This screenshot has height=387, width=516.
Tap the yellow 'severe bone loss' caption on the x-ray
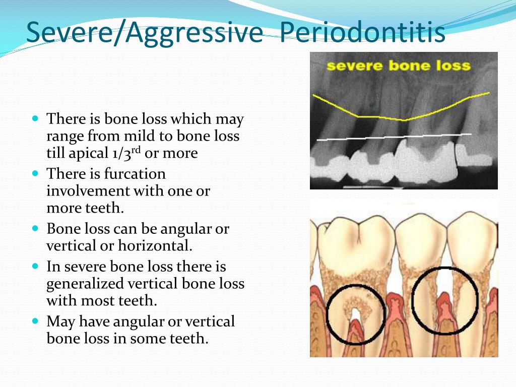[399, 66]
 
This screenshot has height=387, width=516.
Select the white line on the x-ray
[394, 137]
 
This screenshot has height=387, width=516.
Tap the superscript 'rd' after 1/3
[136, 150]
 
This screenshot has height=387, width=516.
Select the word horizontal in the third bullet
[155, 245]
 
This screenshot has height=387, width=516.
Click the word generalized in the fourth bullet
[85, 284]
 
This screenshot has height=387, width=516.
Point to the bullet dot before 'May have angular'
[36, 320]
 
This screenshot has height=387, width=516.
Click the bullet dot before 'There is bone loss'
[36, 118]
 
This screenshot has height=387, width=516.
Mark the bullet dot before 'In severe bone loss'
[36, 266]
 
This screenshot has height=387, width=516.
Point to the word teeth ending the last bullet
[189, 338]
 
